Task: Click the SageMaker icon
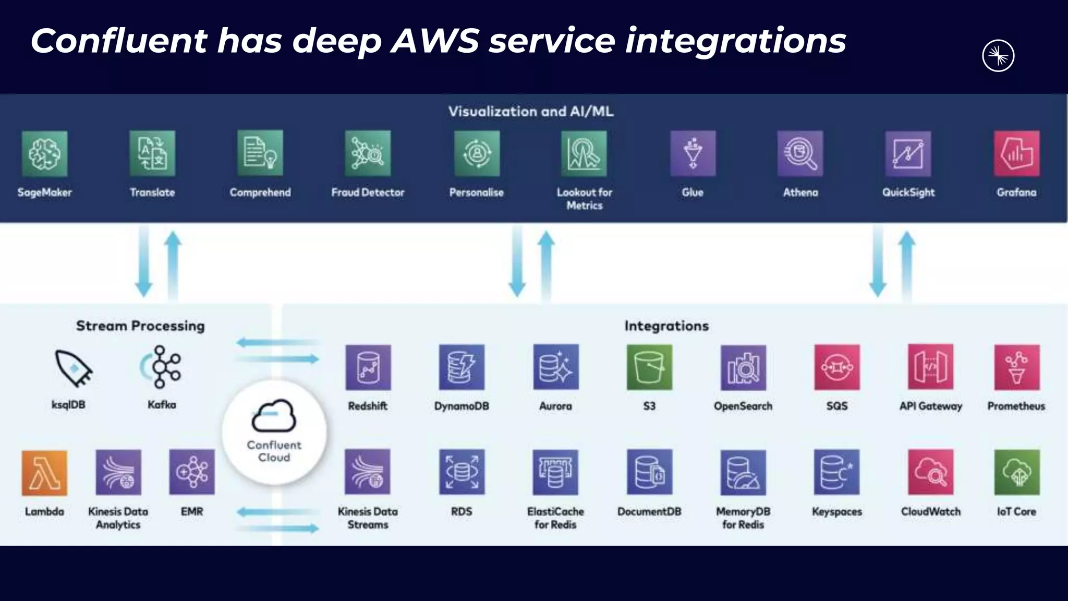[45, 153]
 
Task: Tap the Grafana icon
[1016, 153]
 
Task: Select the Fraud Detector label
[368, 193]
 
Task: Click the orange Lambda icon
[44, 473]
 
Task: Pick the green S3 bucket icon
[649, 367]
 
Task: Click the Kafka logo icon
[161, 367]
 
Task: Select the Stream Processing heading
[140, 326]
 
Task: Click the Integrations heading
[666, 326]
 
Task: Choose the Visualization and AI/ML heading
[531, 112]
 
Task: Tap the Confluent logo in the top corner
[998, 56]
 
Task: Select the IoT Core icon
[1016, 473]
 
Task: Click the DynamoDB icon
[462, 367]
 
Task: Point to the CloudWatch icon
[930, 473]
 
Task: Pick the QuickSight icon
[908, 153]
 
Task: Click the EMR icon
[192, 473]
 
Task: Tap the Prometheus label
[1016, 406]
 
